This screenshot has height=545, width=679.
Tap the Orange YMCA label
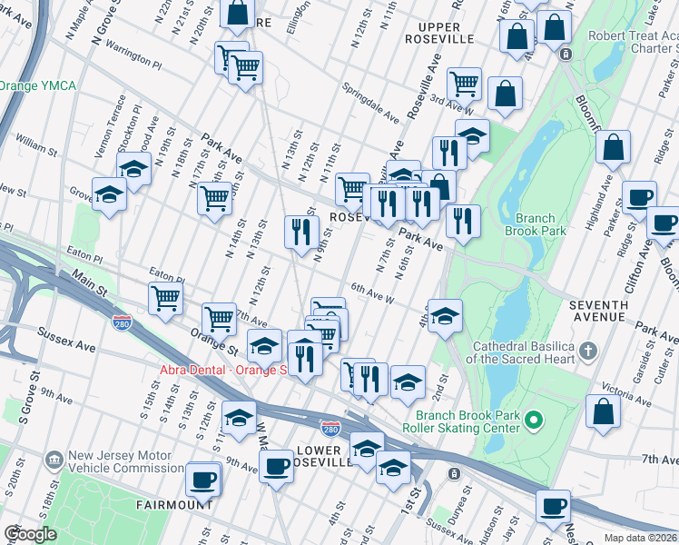(38, 85)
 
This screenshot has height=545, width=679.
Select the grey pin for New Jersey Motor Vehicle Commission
(54, 461)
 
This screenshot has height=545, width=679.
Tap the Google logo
(30, 534)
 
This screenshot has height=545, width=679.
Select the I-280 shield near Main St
(123, 322)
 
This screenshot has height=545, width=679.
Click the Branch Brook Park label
(540, 224)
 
